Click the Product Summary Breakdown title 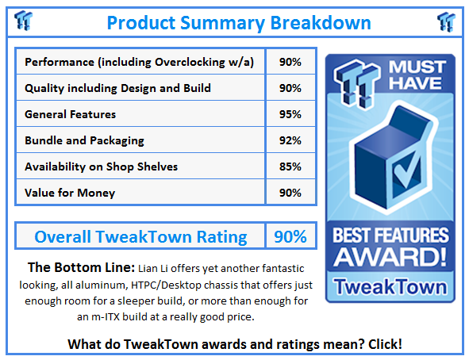tap(234, 21)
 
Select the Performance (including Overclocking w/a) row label tap(139, 62)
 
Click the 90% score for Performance tap(290, 62)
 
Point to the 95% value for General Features tap(290, 114)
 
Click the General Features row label tap(71, 114)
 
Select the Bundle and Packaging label tap(84, 140)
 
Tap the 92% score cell tap(290, 140)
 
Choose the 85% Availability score tap(290, 167)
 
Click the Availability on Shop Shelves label tap(102, 167)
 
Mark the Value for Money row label tap(70, 192)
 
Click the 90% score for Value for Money tap(290, 192)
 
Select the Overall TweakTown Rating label tap(140, 236)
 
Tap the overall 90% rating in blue tap(290, 236)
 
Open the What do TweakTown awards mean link tap(234, 344)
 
